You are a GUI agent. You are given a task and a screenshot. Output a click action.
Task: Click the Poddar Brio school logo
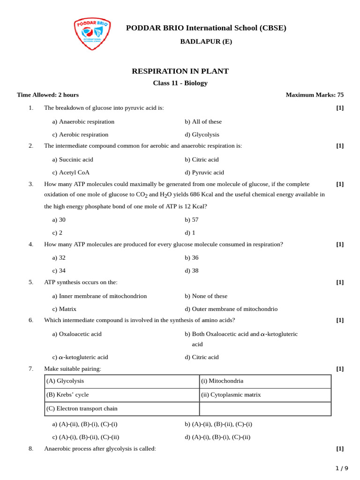click(92, 33)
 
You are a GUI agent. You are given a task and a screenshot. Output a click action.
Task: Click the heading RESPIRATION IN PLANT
click(180, 71)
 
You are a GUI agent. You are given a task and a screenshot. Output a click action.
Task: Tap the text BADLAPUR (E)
click(206, 42)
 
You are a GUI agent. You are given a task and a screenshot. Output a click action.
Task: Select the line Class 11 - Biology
click(180, 83)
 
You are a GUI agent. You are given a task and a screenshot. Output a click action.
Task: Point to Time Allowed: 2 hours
click(48, 95)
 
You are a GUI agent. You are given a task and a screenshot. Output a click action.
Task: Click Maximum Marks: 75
click(315, 95)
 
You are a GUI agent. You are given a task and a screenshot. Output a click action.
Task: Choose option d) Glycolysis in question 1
click(202, 135)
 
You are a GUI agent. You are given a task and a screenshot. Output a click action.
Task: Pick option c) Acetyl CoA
click(71, 172)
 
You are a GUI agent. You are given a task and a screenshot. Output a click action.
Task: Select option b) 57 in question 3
click(191, 219)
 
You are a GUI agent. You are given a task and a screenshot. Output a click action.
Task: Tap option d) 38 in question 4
click(191, 270)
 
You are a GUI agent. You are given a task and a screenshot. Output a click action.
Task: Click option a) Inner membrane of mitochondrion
click(99, 296)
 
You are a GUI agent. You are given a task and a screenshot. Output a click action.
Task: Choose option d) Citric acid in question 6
click(202, 357)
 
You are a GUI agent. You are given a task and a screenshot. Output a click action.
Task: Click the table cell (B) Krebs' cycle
click(67, 395)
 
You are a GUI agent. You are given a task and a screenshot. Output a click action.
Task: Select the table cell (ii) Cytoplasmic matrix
click(231, 395)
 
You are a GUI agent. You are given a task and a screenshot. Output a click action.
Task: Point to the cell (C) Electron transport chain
click(82, 409)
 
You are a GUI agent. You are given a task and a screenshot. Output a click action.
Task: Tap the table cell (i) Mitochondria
click(222, 381)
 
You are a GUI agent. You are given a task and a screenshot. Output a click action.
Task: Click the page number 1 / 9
click(342, 468)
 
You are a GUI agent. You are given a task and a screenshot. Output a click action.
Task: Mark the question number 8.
click(31, 449)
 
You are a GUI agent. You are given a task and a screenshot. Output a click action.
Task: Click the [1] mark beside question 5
click(340, 282)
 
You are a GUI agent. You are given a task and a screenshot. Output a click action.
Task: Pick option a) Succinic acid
click(73, 160)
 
